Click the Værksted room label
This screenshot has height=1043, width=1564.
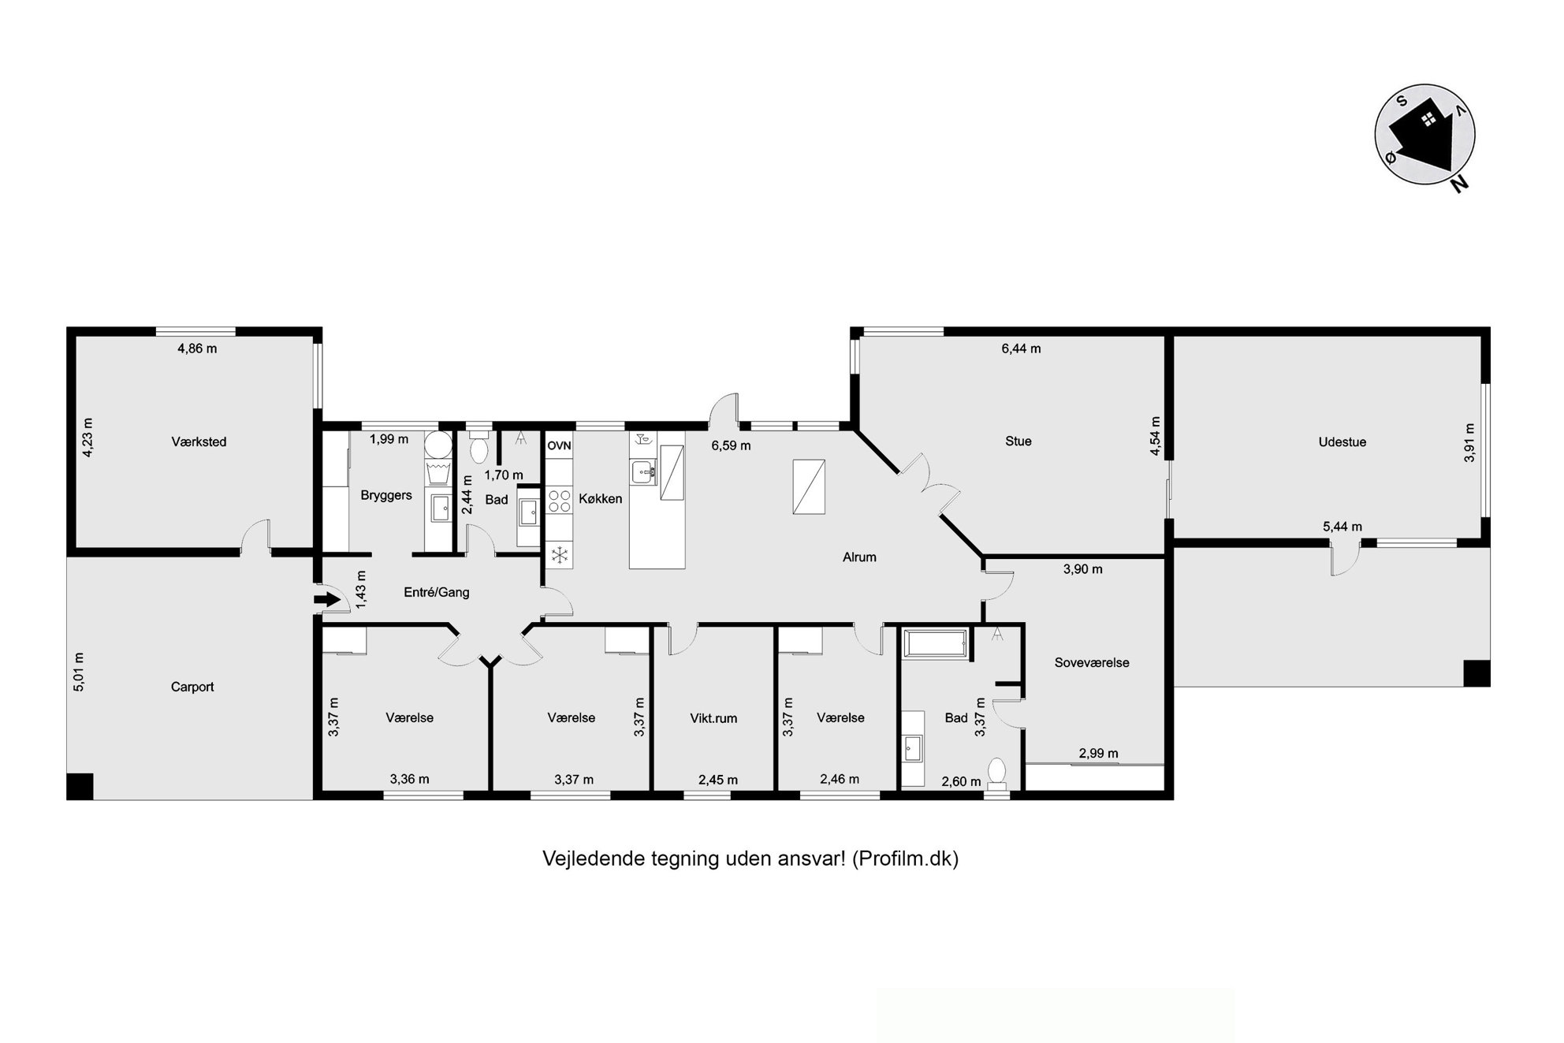point(199,441)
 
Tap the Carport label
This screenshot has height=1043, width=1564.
point(192,687)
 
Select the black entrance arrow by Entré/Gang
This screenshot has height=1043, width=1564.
point(326,601)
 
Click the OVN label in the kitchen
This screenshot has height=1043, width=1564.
point(559,445)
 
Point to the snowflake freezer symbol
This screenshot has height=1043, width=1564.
point(559,555)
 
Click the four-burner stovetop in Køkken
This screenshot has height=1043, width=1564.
point(559,501)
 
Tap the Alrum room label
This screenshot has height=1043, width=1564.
point(859,557)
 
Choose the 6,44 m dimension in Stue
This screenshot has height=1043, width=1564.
point(1021,348)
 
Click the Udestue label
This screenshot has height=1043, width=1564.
point(1342,441)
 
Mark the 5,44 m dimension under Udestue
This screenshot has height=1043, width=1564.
point(1342,527)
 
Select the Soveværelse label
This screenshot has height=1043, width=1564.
point(1092,662)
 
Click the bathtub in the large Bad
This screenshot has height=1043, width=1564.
point(936,643)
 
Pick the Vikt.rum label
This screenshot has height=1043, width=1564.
point(713,718)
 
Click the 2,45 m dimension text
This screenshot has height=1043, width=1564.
point(718,780)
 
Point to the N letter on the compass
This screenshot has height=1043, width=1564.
point(1460,184)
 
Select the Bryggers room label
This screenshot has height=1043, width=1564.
point(386,495)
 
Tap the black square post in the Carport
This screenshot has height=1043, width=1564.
point(80,786)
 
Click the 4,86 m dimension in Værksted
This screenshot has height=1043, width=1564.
point(197,348)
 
